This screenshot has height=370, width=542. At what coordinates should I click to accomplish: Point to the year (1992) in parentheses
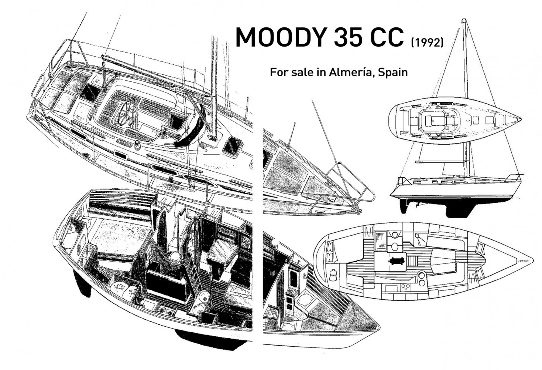(427, 43)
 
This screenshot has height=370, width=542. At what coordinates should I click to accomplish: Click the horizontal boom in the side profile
(439, 162)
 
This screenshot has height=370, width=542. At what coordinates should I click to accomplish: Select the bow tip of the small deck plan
(520, 120)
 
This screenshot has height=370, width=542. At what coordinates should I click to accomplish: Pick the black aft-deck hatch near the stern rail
(89, 92)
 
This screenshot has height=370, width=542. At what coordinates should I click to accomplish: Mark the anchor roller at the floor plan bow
(524, 261)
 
